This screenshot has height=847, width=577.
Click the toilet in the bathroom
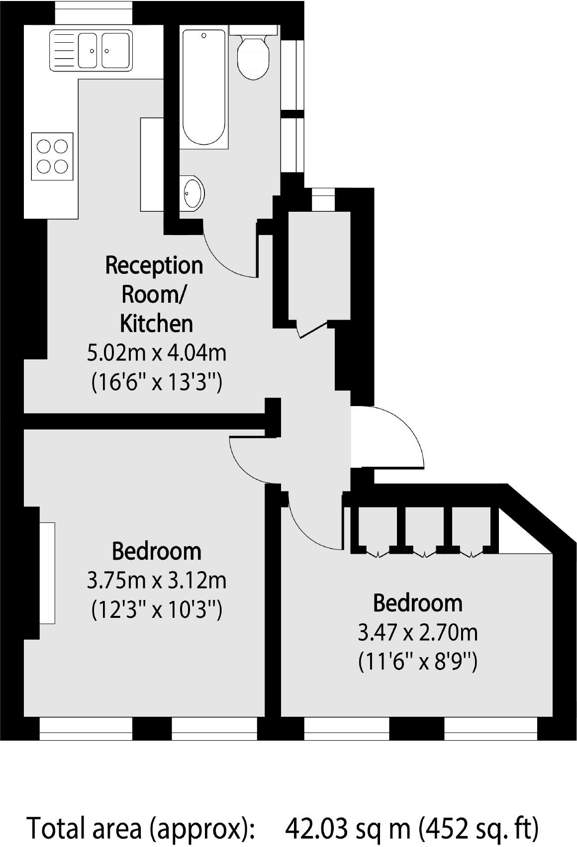tap(253, 56)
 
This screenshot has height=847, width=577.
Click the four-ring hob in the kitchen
tap(52, 156)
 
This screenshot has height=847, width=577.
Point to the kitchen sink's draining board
tap(63, 50)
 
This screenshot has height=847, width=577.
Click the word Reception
tap(154, 265)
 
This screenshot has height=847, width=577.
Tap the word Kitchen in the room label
tap(156, 324)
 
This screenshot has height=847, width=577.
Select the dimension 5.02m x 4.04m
tap(156, 353)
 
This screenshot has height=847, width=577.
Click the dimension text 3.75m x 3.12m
tap(156, 580)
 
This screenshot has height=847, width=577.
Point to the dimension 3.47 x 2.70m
tap(417, 633)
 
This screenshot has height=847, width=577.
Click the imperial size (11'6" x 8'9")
tap(417, 662)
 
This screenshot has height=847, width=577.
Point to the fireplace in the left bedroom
tap(47, 573)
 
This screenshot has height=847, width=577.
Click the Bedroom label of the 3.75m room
tap(156, 551)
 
